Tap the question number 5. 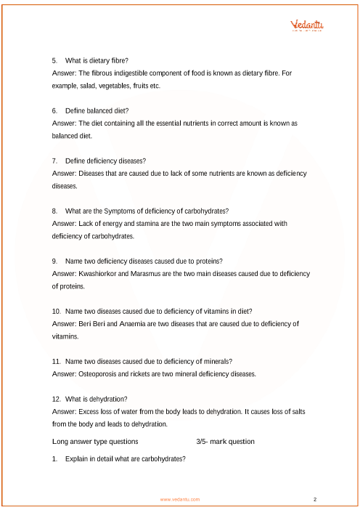tap(55, 60)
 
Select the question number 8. tap(55, 211)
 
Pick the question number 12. tap(57, 399)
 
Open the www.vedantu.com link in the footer tap(180, 500)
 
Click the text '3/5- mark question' tap(225, 441)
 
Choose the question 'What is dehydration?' tap(97, 399)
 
